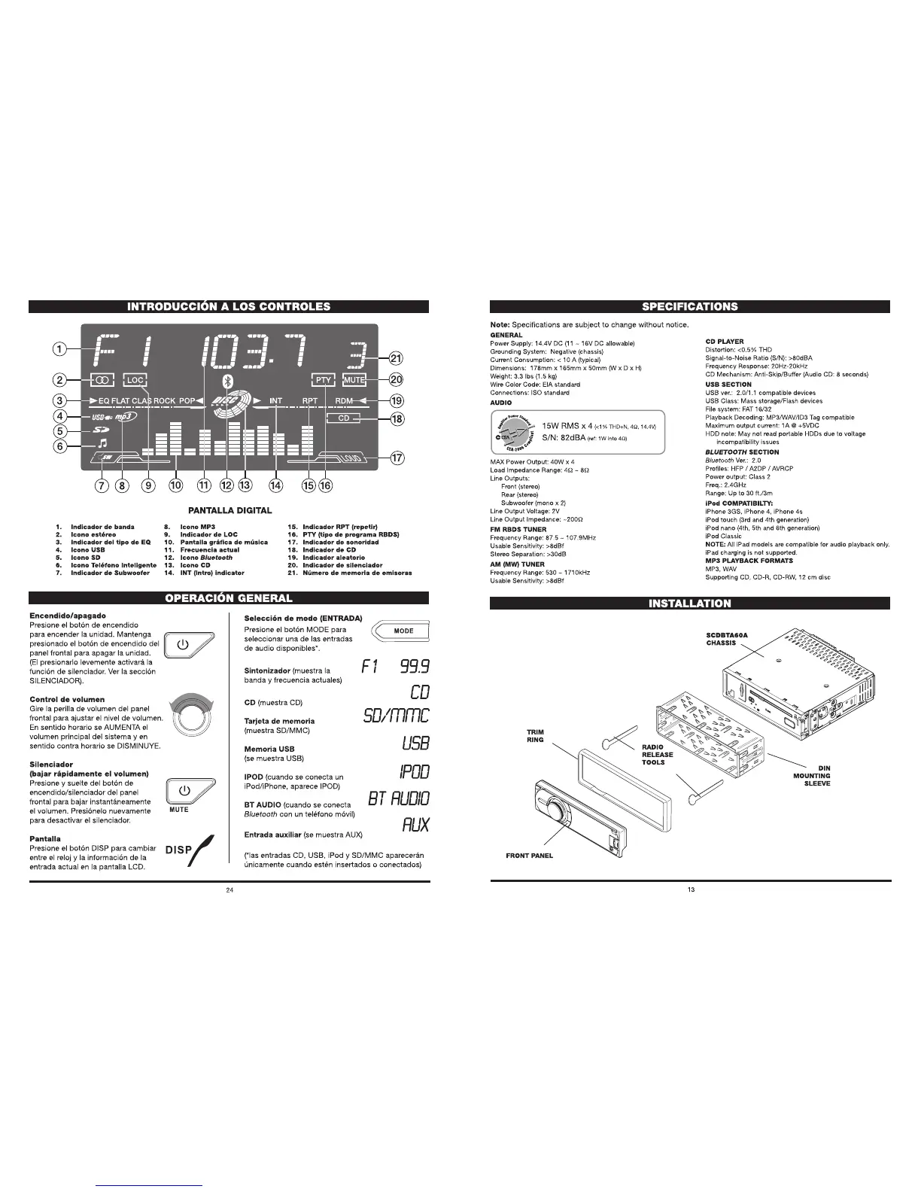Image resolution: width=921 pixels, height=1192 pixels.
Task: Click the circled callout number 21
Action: pos(396,358)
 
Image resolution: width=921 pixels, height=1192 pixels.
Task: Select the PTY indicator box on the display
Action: pos(323,380)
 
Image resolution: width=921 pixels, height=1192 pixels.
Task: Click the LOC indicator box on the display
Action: pos(135,380)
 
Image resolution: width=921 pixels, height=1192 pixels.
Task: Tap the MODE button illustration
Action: pos(403,631)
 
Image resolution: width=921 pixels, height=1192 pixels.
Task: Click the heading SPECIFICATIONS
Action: pos(689,306)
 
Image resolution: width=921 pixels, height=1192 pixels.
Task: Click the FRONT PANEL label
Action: pos(529,855)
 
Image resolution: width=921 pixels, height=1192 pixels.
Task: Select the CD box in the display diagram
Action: pos(344,418)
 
